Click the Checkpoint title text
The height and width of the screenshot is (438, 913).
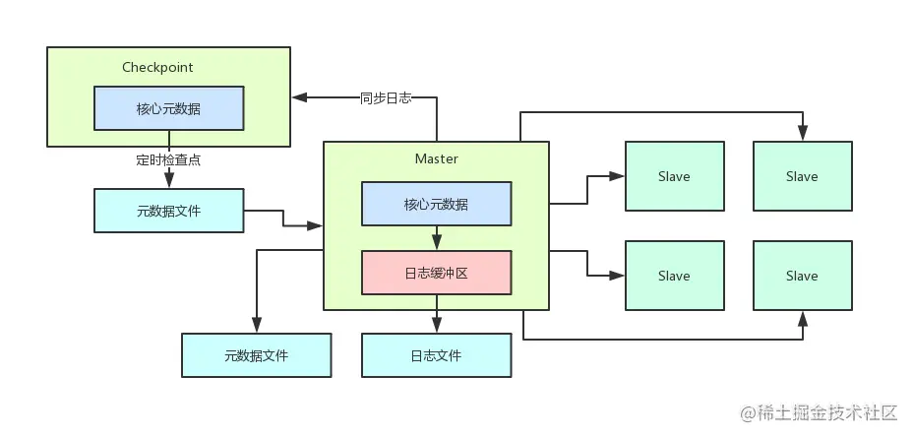(157, 67)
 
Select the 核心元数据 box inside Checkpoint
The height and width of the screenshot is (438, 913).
(168, 108)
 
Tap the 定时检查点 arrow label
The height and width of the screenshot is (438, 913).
(168, 158)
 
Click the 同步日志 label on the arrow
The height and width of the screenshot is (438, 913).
(385, 97)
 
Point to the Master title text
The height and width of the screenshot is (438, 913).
(436, 158)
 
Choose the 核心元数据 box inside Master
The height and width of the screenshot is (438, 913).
(436, 205)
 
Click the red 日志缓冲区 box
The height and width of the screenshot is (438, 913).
(436, 274)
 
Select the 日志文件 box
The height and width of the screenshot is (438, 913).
(436, 355)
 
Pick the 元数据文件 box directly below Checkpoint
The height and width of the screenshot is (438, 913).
(168, 211)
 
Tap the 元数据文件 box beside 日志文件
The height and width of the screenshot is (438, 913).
(256, 355)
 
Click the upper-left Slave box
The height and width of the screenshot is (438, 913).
(674, 176)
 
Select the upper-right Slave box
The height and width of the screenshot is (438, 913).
(802, 176)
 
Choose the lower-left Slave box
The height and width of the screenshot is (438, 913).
(674, 276)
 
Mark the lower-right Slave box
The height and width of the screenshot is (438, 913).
(802, 276)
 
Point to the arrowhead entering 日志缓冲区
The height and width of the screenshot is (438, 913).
(436, 244)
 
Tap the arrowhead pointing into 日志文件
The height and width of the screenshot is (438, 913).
(436, 327)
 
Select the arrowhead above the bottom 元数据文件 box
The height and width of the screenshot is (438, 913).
(256, 327)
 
